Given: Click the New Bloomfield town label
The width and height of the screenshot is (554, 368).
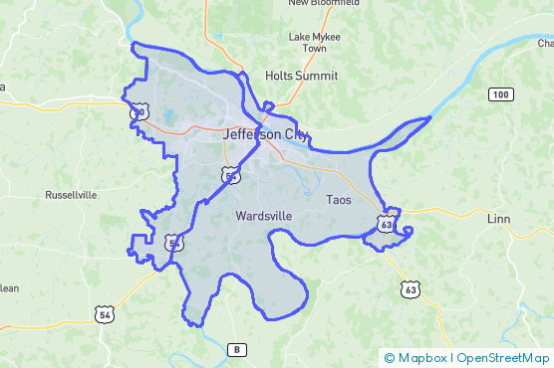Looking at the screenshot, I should coord(324,3).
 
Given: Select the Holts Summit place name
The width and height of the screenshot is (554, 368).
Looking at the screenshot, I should coord(301,76).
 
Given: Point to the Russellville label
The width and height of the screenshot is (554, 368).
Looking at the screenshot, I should coord(71,196).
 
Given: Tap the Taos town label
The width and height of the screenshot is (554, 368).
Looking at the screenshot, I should coord(339,200).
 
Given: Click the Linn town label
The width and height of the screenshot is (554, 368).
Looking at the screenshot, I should coord(498,218).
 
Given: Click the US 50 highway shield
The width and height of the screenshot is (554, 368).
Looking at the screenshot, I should coord(138,113).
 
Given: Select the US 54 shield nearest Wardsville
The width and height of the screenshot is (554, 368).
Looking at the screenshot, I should coord(231,176).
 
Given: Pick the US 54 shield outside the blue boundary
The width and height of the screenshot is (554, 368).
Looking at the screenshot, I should coord(104,314).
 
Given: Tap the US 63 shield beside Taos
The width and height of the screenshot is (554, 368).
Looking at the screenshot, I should coord(386,226).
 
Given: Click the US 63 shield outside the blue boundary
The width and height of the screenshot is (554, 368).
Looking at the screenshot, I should coord(412,289).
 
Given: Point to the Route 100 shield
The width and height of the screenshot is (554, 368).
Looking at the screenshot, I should coord(500,94).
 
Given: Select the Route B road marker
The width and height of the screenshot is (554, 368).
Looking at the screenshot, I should coord(236,349).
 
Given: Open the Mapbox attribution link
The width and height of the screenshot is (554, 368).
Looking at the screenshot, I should coord(421,358).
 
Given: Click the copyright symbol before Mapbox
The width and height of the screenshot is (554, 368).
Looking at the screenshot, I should coord(389,358).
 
